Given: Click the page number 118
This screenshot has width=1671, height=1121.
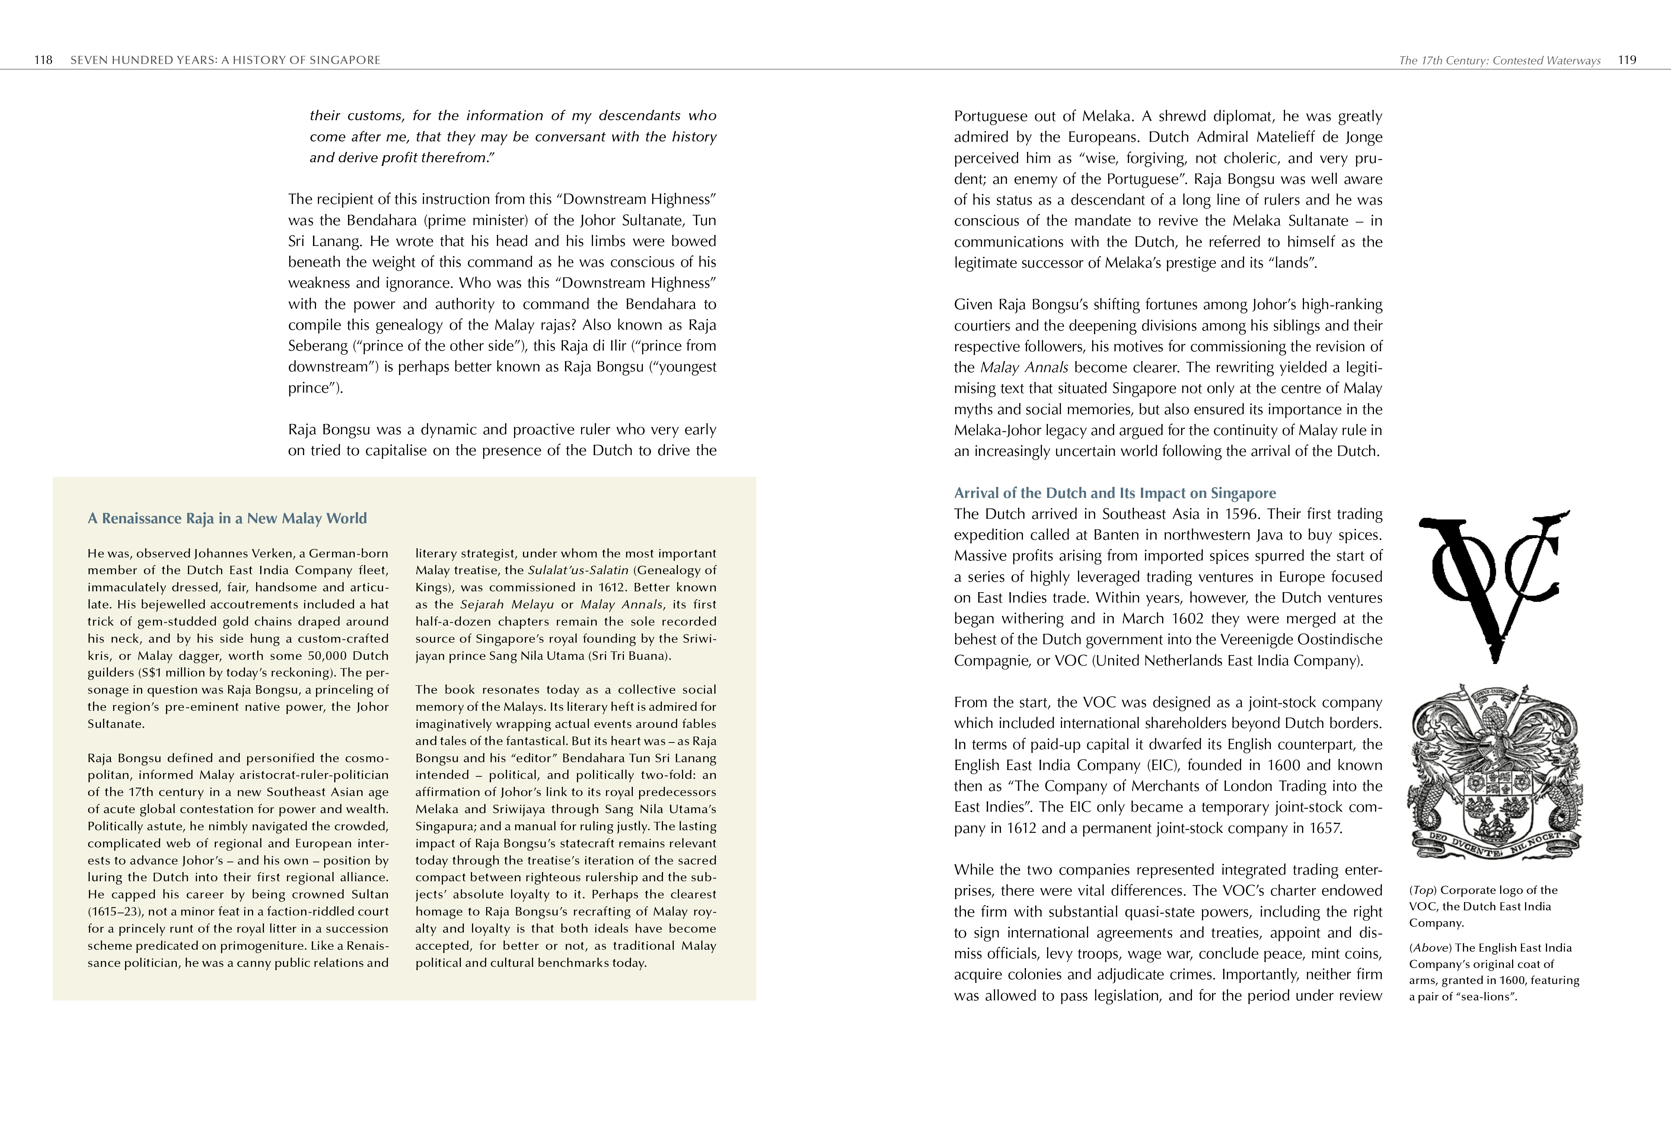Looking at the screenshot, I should pos(43,60).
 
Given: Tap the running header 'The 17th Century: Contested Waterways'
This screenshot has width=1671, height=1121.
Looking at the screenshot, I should pos(1499,61).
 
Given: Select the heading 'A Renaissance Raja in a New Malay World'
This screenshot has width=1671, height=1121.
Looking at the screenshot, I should pos(227,518).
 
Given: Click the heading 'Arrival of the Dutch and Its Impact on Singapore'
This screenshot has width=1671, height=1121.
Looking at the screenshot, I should pos(1115,493).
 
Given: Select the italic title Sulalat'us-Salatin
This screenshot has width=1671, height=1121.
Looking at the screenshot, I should pos(578,571).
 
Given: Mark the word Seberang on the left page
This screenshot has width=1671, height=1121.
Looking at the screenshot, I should pos(318,346).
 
